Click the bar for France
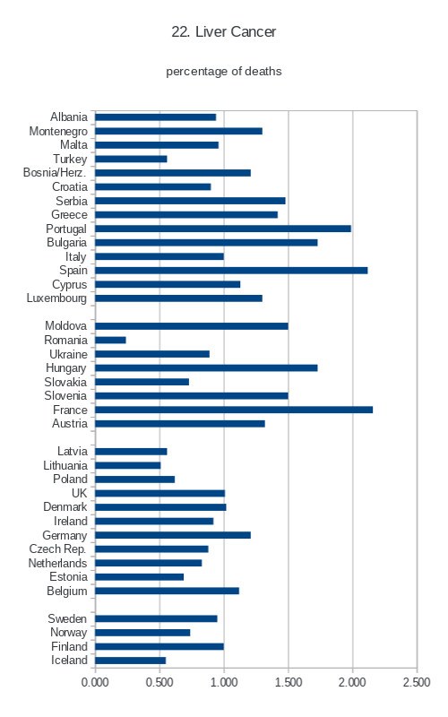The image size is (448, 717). [x=234, y=410]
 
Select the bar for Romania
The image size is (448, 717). [x=110, y=341]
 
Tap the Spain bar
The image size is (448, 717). [x=231, y=271]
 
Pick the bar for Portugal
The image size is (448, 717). [x=223, y=229]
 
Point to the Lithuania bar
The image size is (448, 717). [x=127, y=465]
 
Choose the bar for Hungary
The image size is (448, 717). [x=206, y=368]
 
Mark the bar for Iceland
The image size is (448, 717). [x=130, y=661]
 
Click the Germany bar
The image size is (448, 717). [x=173, y=535]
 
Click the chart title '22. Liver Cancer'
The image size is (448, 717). [x=223, y=31]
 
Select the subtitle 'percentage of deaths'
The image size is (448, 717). [x=223, y=72]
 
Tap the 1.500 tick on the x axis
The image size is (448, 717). [x=289, y=682]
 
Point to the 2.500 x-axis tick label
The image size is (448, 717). [x=417, y=682]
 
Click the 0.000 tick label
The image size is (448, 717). [x=95, y=682]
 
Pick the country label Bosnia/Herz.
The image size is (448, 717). [x=55, y=173]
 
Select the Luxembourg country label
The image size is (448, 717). [x=56, y=298]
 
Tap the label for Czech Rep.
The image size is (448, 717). [x=57, y=549]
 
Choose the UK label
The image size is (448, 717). [x=79, y=493]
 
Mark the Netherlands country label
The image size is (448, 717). [x=57, y=563]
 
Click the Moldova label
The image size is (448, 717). [x=65, y=325]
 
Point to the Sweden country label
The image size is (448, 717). [x=67, y=618]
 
